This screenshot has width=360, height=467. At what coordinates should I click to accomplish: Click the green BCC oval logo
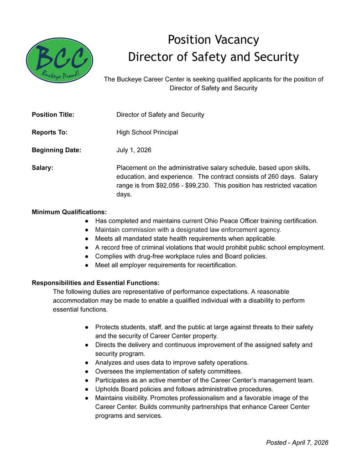coord(59,60)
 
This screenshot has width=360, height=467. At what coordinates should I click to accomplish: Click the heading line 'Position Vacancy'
coord(213,40)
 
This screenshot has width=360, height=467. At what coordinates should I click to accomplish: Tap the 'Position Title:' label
coord(53,114)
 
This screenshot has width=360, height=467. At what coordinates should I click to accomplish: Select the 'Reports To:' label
coord(49,132)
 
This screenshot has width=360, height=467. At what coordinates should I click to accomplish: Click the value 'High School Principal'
coord(147,132)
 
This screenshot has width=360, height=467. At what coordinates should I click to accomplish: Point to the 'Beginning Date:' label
coord(56,150)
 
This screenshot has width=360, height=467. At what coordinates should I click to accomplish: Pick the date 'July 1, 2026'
coord(134,150)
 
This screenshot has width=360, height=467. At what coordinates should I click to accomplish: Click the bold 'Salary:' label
coord(42,167)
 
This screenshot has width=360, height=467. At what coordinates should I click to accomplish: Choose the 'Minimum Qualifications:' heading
coord(69,212)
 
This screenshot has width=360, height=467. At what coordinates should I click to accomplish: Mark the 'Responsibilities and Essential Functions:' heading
coord(95,282)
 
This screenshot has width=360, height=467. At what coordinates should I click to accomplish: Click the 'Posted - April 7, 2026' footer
coord(297,442)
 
